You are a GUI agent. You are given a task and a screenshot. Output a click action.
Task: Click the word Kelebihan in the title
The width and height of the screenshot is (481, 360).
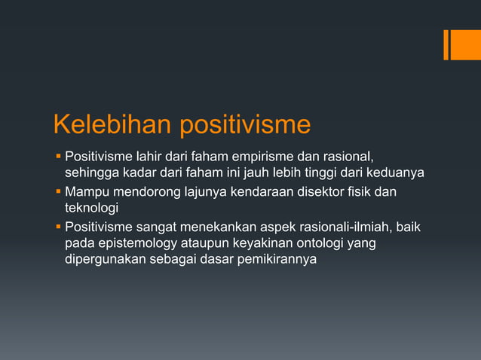112,124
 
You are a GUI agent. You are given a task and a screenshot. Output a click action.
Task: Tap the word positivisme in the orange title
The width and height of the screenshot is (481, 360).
244,124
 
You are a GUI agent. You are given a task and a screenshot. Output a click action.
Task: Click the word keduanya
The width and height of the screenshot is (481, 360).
396,173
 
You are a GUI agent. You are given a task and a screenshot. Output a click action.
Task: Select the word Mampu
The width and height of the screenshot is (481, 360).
87,191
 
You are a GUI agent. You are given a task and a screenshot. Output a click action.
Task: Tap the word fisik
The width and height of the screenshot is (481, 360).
353,191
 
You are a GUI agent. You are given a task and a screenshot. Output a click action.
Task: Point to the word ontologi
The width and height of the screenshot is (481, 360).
320,243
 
